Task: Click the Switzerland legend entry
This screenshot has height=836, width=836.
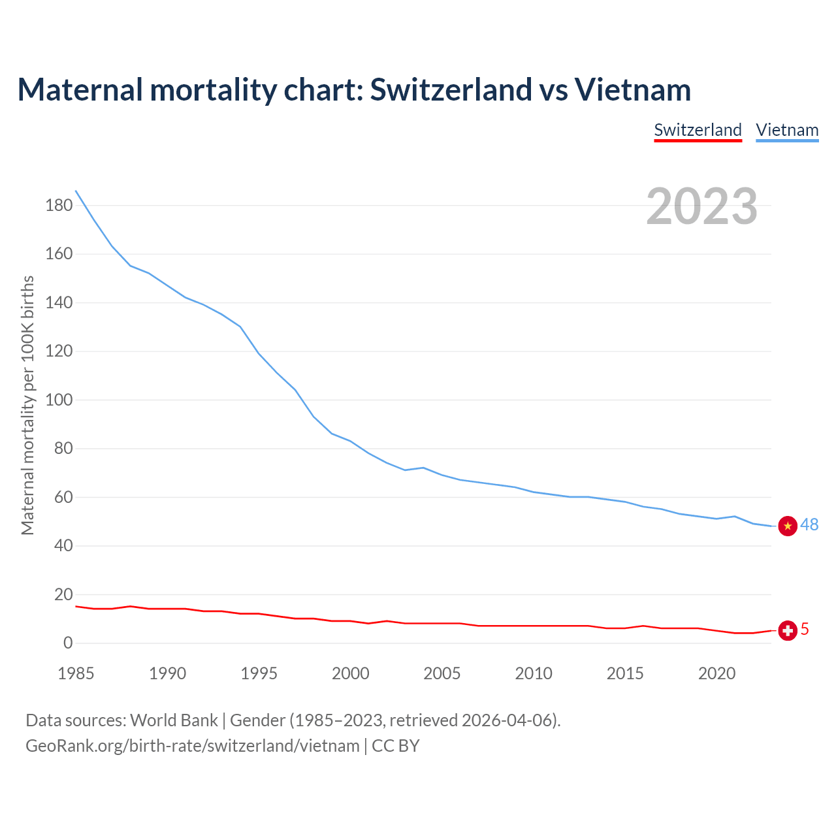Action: coord(698,130)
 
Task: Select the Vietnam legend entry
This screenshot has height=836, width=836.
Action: coord(787,130)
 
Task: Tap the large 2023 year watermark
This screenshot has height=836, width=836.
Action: coord(701,206)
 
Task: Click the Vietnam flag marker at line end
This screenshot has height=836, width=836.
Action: coord(788,526)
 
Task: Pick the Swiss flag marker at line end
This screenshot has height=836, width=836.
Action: coord(788,630)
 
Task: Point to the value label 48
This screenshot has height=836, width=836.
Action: coord(809,525)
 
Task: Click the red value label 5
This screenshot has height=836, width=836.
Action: coord(805,629)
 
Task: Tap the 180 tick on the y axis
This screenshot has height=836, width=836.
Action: coord(59,206)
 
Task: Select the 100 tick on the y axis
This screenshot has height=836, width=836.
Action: coord(59,400)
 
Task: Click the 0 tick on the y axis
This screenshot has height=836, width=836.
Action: coord(68,643)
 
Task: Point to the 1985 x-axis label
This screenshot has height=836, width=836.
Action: coord(76,673)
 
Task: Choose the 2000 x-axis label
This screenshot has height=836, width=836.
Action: coord(351,673)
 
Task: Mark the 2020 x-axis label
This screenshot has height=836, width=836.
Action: coord(717,673)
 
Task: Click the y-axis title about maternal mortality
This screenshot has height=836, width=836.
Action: coord(27,405)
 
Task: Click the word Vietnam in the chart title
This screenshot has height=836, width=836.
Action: coord(632,89)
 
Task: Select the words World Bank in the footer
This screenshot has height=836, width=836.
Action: coord(174,720)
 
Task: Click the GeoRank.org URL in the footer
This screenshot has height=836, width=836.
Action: coord(192,746)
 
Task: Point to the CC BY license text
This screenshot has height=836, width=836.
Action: coord(396,746)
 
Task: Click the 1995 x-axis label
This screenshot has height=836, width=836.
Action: coord(259,673)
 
